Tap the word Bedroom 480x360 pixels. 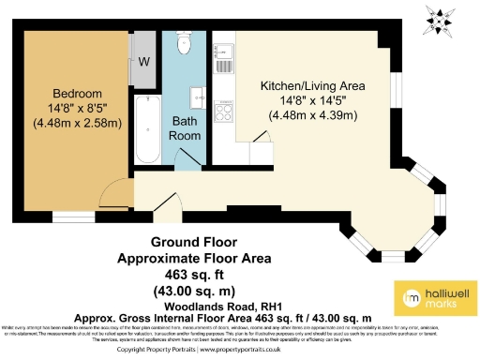(x=77, y=93)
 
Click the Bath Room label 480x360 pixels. (x=184, y=127)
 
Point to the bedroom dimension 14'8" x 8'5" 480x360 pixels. (x=77, y=108)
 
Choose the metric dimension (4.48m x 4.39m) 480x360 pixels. (x=313, y=115)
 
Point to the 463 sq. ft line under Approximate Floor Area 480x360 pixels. (x=193, y=274)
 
